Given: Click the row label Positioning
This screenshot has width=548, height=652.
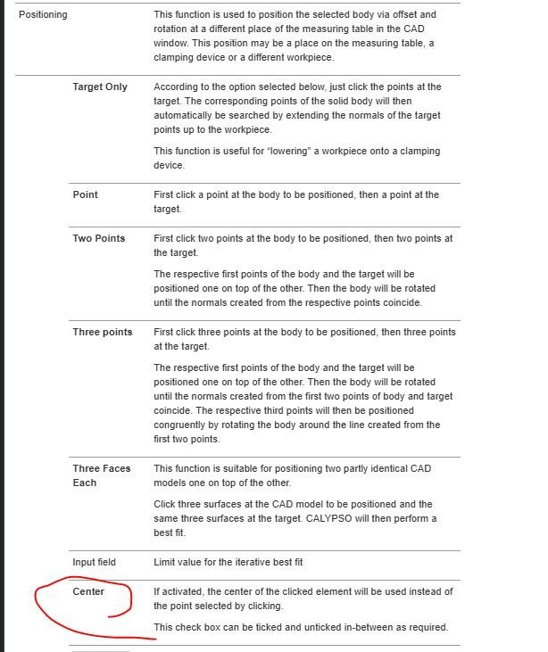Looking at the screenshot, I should click(43, 15).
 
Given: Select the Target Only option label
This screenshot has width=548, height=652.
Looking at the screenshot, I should click(100, 87).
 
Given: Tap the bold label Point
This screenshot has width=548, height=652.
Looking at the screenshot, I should click(86, 194).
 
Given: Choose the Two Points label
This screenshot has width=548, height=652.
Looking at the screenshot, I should click(99, 238).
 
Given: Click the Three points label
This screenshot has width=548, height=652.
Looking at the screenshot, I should click(103, 332).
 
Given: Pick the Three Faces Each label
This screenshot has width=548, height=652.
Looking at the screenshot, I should click(101, 475).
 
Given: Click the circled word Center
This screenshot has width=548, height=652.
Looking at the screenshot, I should click(88, 591).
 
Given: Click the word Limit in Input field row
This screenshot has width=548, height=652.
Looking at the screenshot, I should click(165, 562).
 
